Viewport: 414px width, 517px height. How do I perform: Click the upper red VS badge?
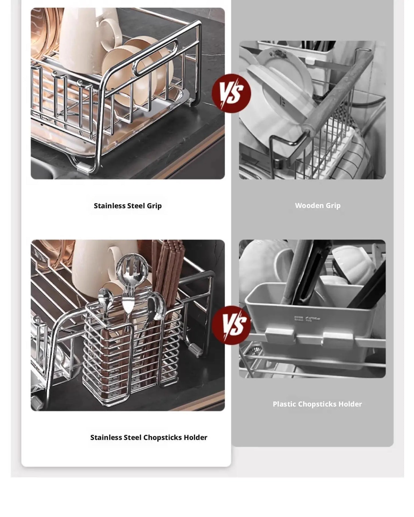coord(231,93)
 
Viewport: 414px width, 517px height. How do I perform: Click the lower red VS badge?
coord(231,325)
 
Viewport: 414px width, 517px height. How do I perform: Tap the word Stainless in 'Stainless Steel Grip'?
coord(109,206)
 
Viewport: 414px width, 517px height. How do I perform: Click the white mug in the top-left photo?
coord(83,37)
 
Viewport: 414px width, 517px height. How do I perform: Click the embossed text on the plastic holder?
coord(307,318)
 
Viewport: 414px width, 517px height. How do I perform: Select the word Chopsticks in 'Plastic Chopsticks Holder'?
coord(317,404)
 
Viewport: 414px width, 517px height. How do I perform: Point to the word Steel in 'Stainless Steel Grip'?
coord(136,206)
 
